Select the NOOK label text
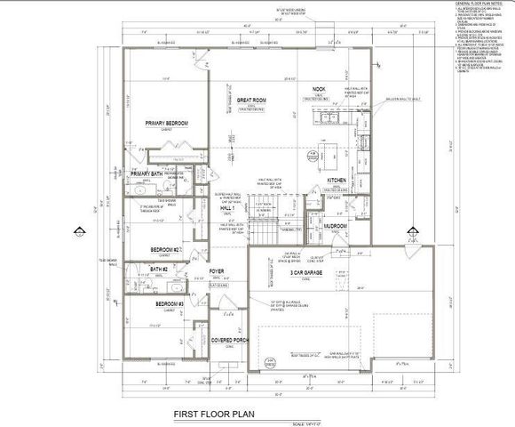click(321, 89)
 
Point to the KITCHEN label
click(337, 181)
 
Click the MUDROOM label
click(334, 226)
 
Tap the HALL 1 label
click(202, 208)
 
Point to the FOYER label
click(216, 270)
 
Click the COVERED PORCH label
click(228, 342)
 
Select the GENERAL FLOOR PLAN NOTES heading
click(479, 4)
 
